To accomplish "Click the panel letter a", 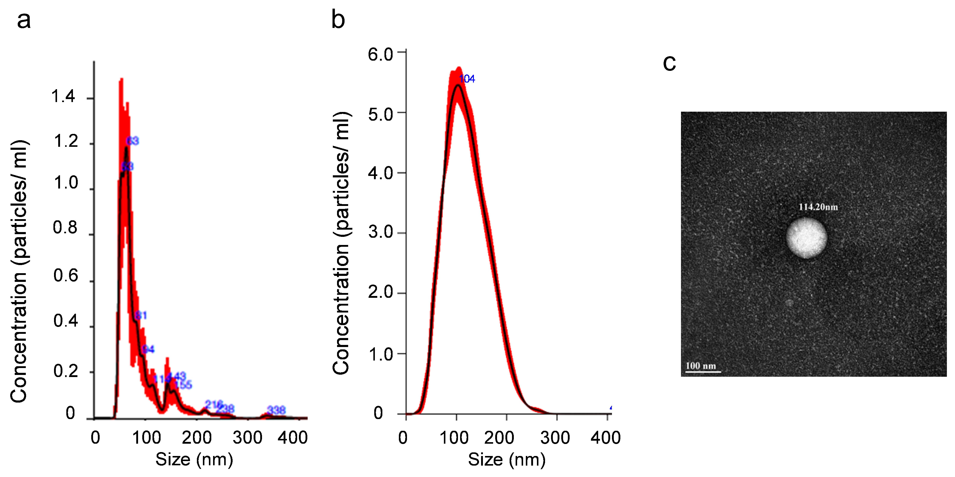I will [24, 21].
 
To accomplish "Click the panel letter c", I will [669, 63].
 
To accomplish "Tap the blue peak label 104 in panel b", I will [467, 79].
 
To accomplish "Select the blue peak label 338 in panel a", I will [276, 410].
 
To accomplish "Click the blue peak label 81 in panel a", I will [141, 315].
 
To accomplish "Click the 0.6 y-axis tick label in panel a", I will [66, 276].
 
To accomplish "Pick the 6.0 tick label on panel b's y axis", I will [380, 55].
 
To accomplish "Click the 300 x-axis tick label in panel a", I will [247, 438].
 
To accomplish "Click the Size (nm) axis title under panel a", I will [194, 459].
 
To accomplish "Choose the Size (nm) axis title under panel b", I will [506, 459].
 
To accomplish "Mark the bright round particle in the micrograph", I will [806, 238].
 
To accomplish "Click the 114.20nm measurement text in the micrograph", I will [818, 207].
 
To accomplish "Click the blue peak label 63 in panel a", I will [132, 141].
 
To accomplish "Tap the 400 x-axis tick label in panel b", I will [605, 438].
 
